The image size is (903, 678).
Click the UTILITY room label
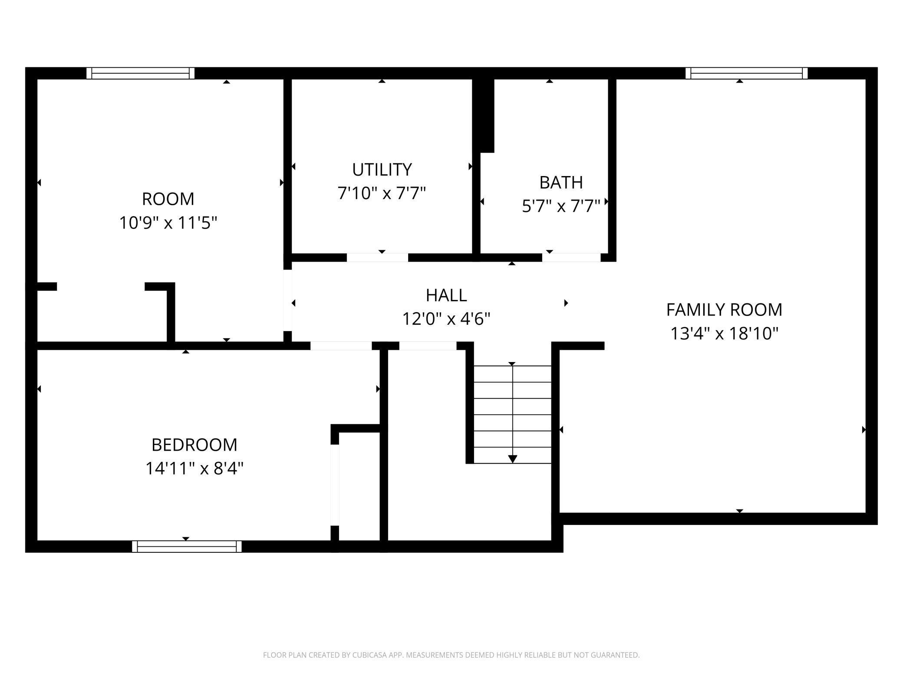382,169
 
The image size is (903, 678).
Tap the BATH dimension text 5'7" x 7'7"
561,206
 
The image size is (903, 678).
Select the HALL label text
446,295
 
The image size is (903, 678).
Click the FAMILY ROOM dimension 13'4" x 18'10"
724,334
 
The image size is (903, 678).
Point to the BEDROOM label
194,445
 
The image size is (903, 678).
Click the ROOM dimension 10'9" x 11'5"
168,223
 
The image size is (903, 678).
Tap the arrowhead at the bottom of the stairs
512,459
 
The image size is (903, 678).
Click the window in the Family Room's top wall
746,73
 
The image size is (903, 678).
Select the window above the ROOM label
140,73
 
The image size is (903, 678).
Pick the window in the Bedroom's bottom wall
187,546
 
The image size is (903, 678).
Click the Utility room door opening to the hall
377,258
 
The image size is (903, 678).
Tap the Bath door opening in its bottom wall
571,258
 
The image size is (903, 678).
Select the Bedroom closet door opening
335,485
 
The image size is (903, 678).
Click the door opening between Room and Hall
287,300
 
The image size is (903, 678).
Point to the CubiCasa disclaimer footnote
451,655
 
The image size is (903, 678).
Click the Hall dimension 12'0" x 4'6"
446,319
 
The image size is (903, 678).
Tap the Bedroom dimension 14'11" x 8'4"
194,469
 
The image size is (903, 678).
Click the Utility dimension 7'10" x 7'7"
382,193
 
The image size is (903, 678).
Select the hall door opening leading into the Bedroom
341,346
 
